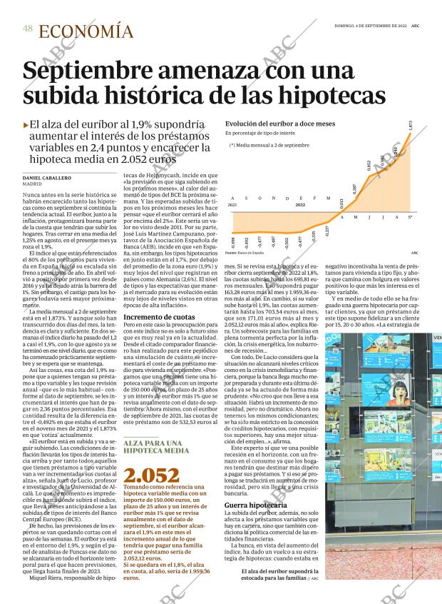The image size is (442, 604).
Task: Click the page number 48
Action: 28,29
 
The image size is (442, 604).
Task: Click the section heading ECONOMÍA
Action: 86,31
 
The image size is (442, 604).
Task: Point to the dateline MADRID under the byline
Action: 32,183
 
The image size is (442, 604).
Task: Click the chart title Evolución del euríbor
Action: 269,124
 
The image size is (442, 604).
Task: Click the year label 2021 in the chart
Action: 232,204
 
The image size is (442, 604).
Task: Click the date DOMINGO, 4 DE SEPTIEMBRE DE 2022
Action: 370,26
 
